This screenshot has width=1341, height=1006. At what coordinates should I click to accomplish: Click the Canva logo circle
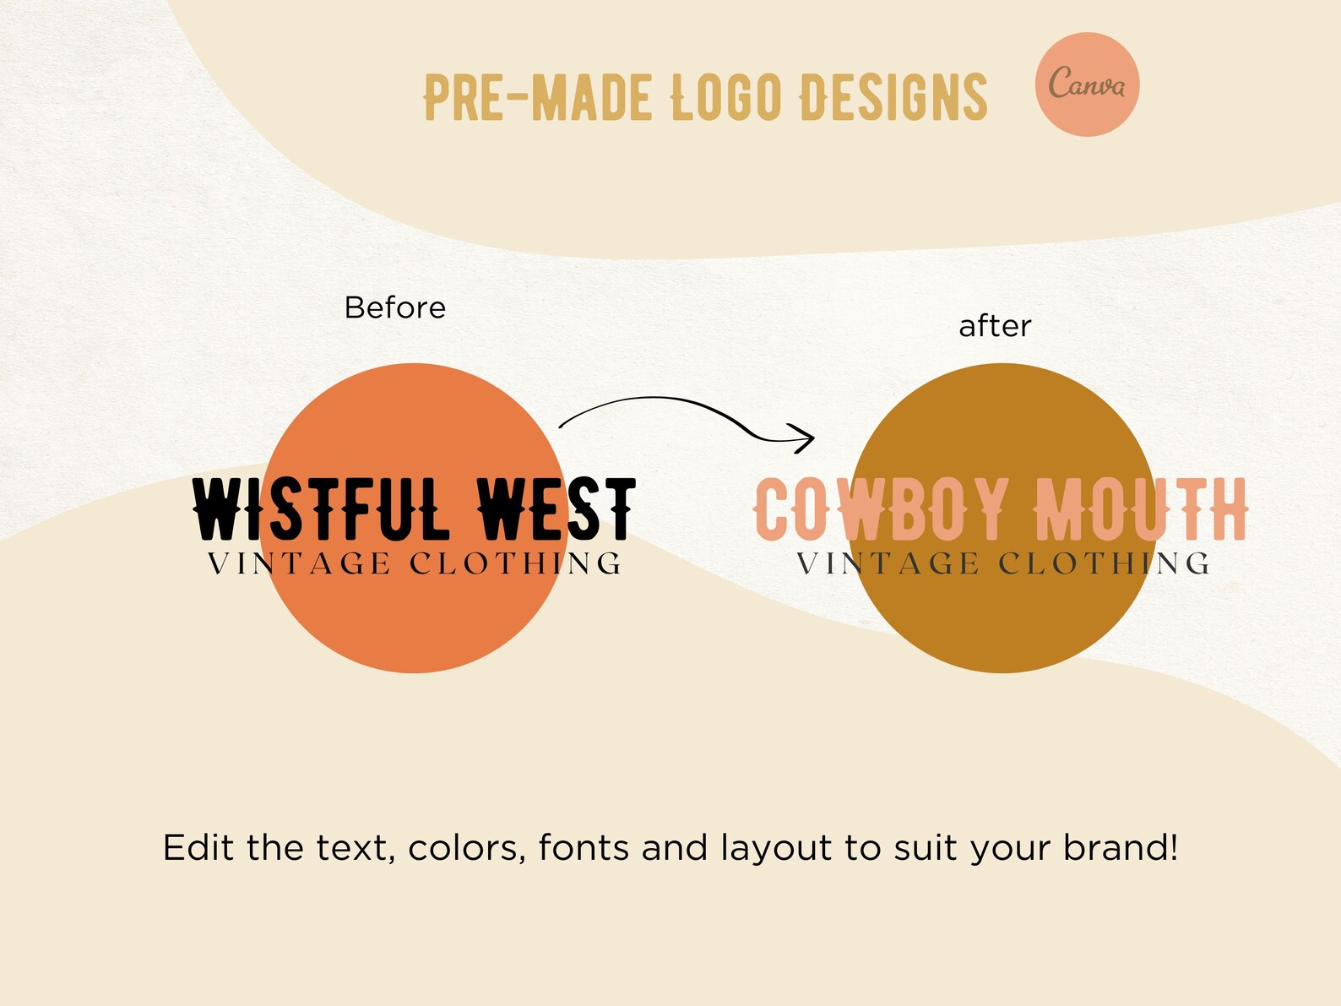(x=1087, y=84)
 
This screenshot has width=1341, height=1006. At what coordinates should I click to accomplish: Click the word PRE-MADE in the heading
(x=538, y=97)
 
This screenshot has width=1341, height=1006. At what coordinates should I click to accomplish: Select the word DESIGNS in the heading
(x=893, y=97)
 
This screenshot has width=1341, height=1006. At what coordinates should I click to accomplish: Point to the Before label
(x=394, y=307)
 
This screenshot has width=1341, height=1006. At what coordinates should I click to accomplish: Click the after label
(x=995, y=326)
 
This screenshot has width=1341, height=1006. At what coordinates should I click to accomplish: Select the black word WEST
(x=556, y=509)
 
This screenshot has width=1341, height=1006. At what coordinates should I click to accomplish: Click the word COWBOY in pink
(x=882, y=509)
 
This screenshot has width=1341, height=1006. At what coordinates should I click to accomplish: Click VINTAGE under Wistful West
(x=299, y=563)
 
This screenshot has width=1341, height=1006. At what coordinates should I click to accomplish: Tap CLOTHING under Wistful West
(x=516, y=563)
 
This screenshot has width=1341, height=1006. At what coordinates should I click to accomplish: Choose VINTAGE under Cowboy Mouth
(x=888, y=563)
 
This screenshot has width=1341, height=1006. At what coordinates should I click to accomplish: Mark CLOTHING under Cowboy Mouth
(x=1105, y=563)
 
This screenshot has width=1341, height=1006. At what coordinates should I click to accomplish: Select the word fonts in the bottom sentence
(x=584, y=847)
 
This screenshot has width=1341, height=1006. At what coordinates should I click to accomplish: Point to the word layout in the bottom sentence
(x=776, y=849)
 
